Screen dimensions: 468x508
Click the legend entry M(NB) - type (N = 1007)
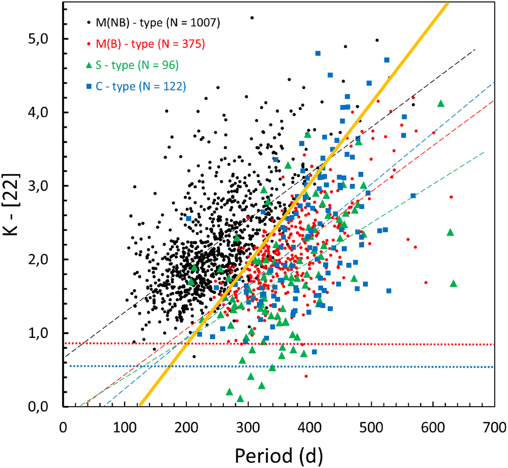tap(158, 22)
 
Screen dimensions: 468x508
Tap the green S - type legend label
tap(137, 66)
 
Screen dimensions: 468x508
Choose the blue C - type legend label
tap(141, 87)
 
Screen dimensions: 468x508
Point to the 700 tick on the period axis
tap(494, 428)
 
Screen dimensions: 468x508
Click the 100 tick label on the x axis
tap(124, 428)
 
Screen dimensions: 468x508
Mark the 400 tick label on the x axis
tap(309, 428)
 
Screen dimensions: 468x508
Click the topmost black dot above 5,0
tap(252, 18)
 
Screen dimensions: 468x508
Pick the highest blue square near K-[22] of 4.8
tap(318, 53)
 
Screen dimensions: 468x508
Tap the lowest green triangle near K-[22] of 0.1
tap(240, 399)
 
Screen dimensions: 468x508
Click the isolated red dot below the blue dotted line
tap(306, 376)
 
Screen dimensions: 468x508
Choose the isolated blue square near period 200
tap(189, 219)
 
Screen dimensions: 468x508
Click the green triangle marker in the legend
tap(88, 66)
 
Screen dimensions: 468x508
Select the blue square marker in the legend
tap(88, 87)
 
